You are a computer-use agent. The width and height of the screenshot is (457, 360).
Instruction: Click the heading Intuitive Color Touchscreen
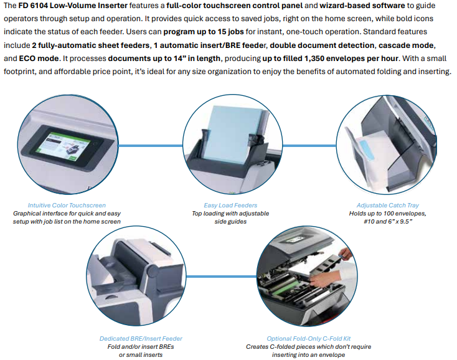click(67, 205)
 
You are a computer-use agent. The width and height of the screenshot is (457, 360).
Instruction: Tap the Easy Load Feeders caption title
click(230, 205)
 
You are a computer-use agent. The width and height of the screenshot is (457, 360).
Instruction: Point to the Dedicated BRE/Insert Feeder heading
click(141, 339)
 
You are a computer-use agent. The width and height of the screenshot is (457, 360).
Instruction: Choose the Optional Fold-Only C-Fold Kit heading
click(303, 339)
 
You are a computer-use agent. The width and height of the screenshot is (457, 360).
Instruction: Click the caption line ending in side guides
click(230, 221)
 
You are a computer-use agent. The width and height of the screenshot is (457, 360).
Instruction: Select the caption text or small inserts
click(141, 354)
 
